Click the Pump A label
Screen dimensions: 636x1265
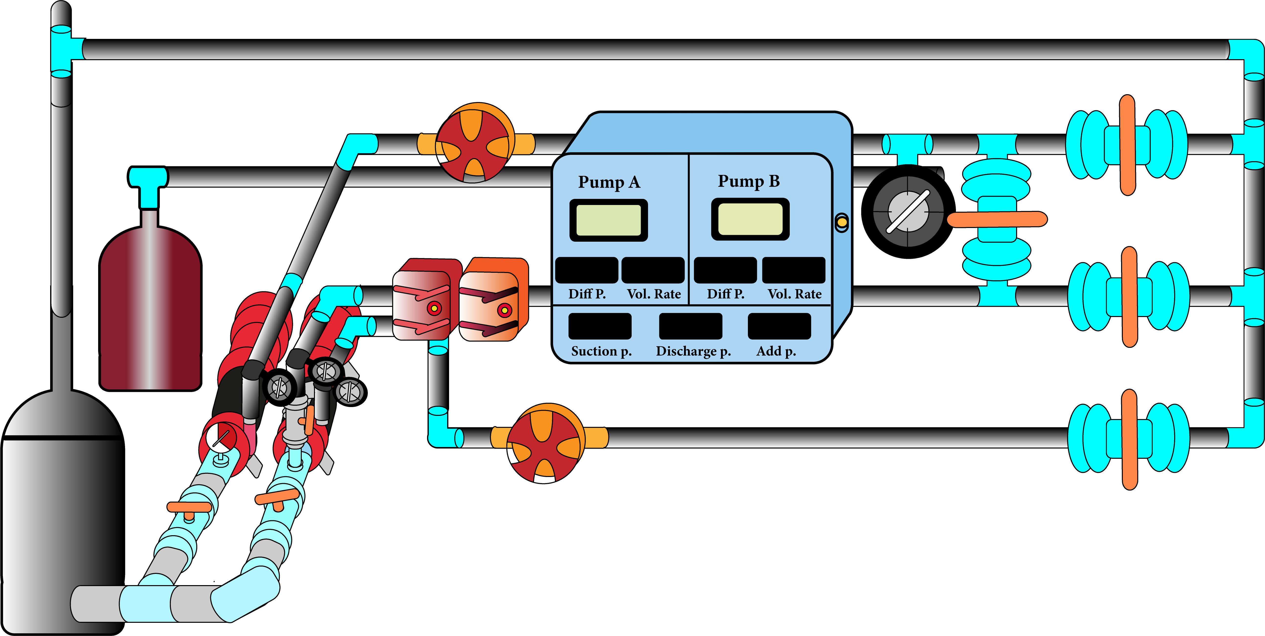tap(609, 182)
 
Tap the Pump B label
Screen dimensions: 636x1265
tap(748, 181)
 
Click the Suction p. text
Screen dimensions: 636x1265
tap(601, 351)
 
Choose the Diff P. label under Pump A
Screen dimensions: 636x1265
tap(587, 294)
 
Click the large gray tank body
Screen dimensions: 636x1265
tap(61, 515)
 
